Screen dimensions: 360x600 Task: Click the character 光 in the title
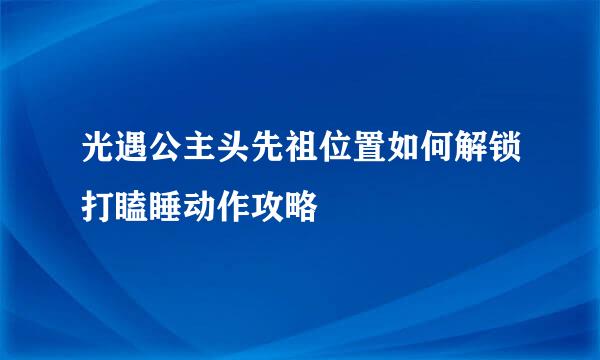[x=100, y=157]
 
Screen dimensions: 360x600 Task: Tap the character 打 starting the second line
[x=100, y=209]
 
